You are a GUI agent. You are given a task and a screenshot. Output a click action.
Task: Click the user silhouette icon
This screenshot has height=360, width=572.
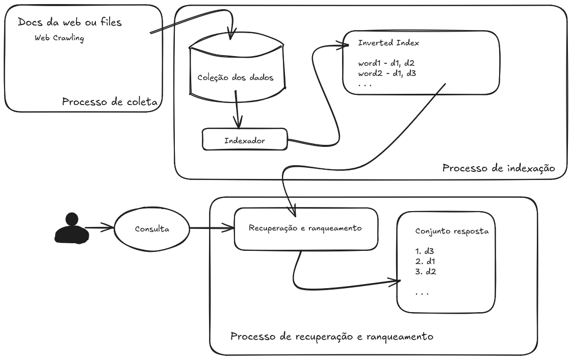pyautogui.click(x=71, y=228)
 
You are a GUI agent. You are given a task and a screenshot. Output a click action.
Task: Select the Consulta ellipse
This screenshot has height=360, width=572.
pyautogui.click(x=151, y=228)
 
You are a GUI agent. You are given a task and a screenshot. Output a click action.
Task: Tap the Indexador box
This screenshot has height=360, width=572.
pyautogui.click(x=245, y=140)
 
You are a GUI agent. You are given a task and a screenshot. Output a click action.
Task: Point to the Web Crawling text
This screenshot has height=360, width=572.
pyautogui.click(x=59, y=38)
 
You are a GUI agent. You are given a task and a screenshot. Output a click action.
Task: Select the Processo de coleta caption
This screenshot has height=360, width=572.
pyautogui.click(x=109, y=102)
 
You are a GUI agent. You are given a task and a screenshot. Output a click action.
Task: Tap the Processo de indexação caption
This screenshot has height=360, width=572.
pyautogui.click(x=498, y=168)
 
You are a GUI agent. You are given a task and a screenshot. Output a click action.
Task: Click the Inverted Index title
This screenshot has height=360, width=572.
pyautogui.click(x=388, y=43)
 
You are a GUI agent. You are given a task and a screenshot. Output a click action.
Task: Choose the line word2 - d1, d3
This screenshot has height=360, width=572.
pyautogui.click(x=387, y=73)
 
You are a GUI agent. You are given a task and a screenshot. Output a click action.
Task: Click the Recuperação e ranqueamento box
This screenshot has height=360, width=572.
pyautogui.click(x=305, y=228)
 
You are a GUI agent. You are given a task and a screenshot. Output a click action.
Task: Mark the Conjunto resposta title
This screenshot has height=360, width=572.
pyautogui.click(x=452, y=231)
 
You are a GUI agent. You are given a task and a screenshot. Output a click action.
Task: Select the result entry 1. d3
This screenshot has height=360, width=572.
pyautogui.click(x=425, y=251)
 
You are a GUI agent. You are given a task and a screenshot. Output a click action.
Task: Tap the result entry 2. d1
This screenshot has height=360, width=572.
pyautogui.click(x=425, y=262)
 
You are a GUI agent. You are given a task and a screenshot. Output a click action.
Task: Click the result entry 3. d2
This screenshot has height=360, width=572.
pyautogui.click(x=425, y=272)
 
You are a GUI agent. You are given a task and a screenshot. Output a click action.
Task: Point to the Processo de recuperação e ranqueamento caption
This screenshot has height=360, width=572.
pyautogui.click(x=332, y=337)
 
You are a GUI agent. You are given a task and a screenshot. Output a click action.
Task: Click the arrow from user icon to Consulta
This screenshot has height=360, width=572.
pyautogui.click(x=99, y=228)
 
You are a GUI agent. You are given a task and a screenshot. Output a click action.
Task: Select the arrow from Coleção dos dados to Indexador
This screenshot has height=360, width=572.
pyautogui.click(x=237, y=109)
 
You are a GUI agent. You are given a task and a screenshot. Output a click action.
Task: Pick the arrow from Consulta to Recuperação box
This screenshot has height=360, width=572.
pyautogui.click(x=210, y=228)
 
